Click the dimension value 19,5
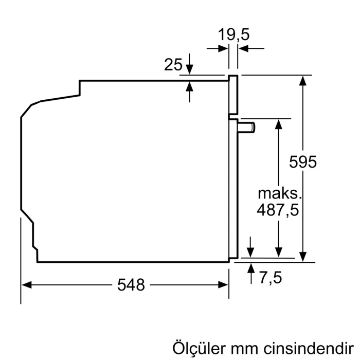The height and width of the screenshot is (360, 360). click(233, 35)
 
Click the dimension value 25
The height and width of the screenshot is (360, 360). click(173, 65)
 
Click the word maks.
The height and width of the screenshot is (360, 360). click(278, 193)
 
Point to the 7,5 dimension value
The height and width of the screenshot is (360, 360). click(271, 278)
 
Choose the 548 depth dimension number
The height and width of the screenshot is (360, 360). click(131, 285)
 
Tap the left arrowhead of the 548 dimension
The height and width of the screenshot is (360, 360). click(26, 285)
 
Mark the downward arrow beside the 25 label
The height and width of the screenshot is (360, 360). click(190, 69)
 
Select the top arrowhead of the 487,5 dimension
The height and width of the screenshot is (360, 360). click(278, 123)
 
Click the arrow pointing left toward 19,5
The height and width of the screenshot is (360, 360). click(243, 49)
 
